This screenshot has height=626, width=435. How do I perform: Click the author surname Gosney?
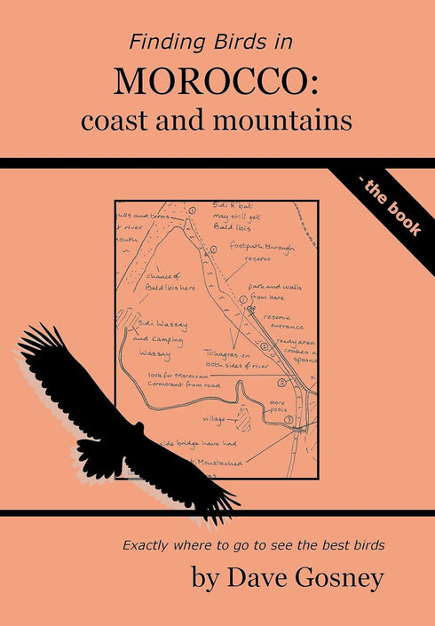335,579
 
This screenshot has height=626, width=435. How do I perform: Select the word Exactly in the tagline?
149,544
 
